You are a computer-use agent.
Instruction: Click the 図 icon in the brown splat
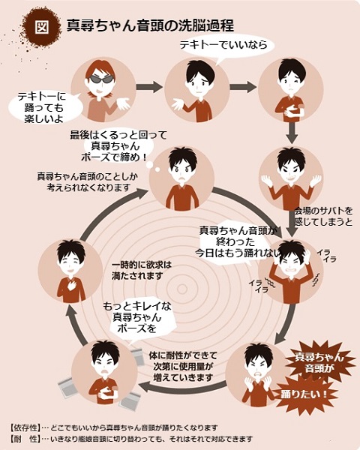[42, 27]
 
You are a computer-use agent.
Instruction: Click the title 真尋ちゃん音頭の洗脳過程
[150, 25]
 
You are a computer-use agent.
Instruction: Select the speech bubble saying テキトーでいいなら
[224, 46]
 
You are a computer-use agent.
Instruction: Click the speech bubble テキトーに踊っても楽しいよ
[42, 107]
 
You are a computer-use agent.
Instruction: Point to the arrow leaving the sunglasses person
[149, 87]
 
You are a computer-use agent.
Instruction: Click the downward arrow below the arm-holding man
[292, 133]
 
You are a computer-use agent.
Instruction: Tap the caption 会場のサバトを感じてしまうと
[323, 217]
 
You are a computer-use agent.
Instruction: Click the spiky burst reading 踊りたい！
[304, 394]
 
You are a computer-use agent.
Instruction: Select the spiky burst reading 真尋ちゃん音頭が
[319, 362]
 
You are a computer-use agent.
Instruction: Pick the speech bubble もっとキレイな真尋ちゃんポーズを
[137, 318]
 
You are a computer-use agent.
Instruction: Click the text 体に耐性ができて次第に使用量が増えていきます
[183, 367]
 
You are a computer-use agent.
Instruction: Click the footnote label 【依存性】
[25, 427]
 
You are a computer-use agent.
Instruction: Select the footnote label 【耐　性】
[25, 439]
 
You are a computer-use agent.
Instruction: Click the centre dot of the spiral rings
[182, 289]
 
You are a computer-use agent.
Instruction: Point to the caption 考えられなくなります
[88, 187]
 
